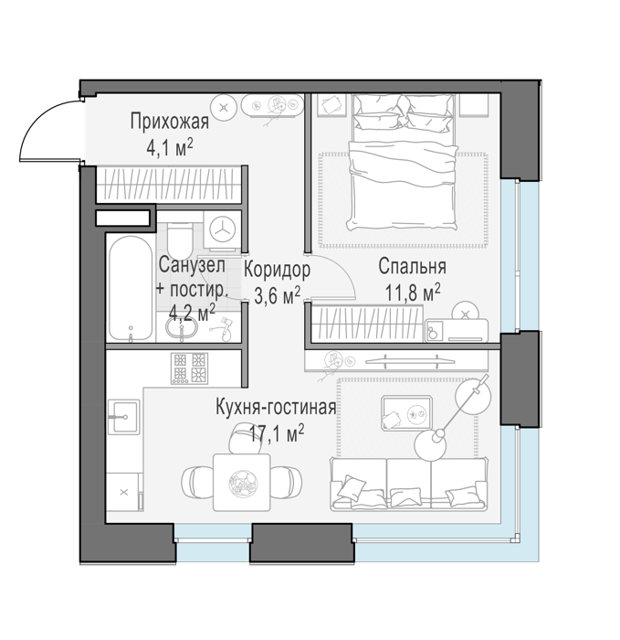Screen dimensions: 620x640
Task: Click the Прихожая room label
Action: pos(170,122)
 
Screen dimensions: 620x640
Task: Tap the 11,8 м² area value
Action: pos(413,293)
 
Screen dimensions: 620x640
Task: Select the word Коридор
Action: pos(278,270)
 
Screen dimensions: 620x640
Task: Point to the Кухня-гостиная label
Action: pos(276,408)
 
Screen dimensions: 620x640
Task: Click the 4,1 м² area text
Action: pos(170,148)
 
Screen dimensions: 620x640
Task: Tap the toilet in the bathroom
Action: pos(179,240)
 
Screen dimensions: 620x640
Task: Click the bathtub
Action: pos(131,286)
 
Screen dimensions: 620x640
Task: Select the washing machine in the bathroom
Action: pos(223,231)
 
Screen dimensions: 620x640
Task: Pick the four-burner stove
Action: pos(189,368)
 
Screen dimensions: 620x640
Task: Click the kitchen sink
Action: pos(123,417)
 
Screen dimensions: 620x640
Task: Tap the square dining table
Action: pos(242,482)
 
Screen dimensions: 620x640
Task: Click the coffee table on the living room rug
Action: pos(406,412)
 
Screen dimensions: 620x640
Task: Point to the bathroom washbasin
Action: pos(182,327)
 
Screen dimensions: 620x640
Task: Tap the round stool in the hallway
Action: pos(224,108)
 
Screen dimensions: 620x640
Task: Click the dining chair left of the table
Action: pos(197,482)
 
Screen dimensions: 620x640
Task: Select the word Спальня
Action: pos(412,267)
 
